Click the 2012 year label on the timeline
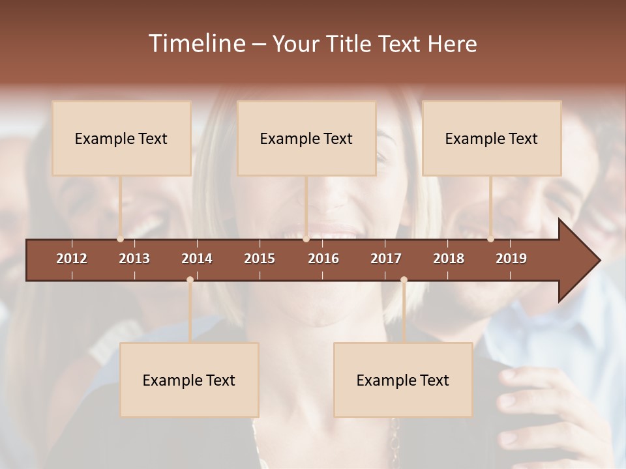(72, 259)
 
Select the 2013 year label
(134, 259)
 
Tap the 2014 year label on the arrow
(197, 259)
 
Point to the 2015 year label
(260, 259)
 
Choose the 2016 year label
(323, 259)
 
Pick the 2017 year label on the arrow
(386, 259)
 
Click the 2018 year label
(449, 259)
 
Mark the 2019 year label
(511, 259)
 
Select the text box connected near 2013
(121, 138)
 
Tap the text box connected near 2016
(306, 138)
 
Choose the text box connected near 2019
(492, 138)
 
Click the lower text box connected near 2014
(189, 380)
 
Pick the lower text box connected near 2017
(403, 380)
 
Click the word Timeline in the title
(196, 44)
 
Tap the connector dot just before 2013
(120, 239)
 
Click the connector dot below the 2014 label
(190, 280)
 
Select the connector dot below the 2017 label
(404, 280)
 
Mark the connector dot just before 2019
(490, 239)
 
